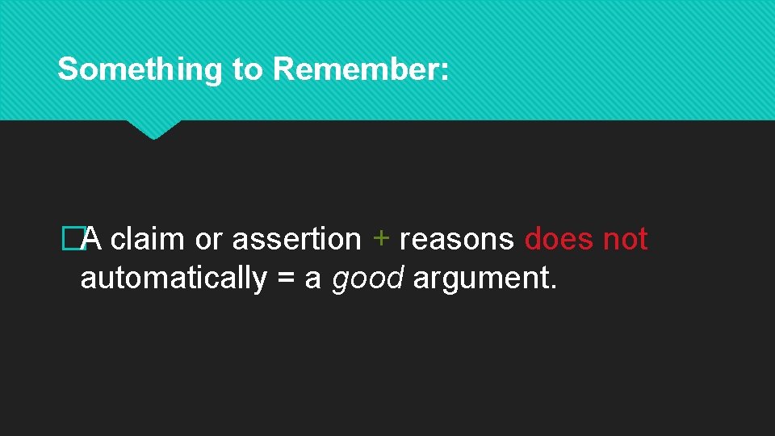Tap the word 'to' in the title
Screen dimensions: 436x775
(x=247, y=70)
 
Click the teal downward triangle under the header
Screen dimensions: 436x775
(x=153, y=129)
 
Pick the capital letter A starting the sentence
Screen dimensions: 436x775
(x=91, y=239)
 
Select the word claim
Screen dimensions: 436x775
(x=148, y=239)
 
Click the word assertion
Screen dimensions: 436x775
(x=296, y=239)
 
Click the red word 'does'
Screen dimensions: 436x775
(x=560, y=239)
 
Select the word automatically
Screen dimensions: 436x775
(x=174, y=279)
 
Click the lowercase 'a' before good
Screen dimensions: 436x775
(x=313, y=280)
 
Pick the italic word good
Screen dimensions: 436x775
(x=367, y=279)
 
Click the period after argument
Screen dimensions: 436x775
(x=553, y=287)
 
